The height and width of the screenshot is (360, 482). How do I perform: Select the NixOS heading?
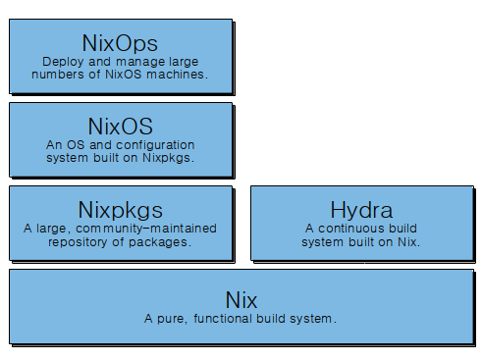pyautogui.click(x=121, y=126)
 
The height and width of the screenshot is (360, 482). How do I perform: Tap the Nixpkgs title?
pyautogui.click(x=120, y=209)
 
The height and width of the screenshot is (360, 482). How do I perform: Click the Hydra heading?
pyautogui.click(x=361, y=209)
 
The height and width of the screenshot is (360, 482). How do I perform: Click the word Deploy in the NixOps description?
pyautogui.click(x=63, y=61)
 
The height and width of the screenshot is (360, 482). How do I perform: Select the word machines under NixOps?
pyautogui.click(x=175, y=74)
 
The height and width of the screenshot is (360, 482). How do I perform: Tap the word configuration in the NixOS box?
pyautogui.click(x=151, y=144)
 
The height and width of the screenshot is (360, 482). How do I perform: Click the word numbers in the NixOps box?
pyautogui.click(x=65, y=74)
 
